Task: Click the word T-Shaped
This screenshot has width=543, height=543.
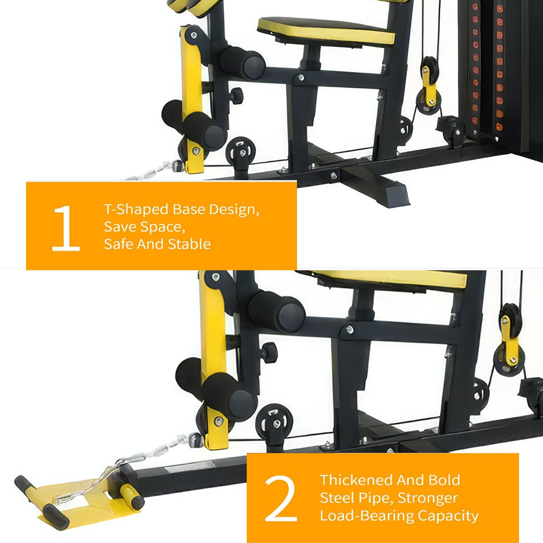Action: pyautogui.click(x=136, y=209)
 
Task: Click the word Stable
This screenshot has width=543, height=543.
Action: pyautogui.click(x=190, y=244)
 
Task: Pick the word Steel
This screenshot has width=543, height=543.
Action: pyautogui.click(x=337, y=498)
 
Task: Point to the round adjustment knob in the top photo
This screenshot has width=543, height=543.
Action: pyautogui.click(x=237, y=95)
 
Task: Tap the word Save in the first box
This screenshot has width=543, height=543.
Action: pyautogui.click(x=120, y=227)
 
